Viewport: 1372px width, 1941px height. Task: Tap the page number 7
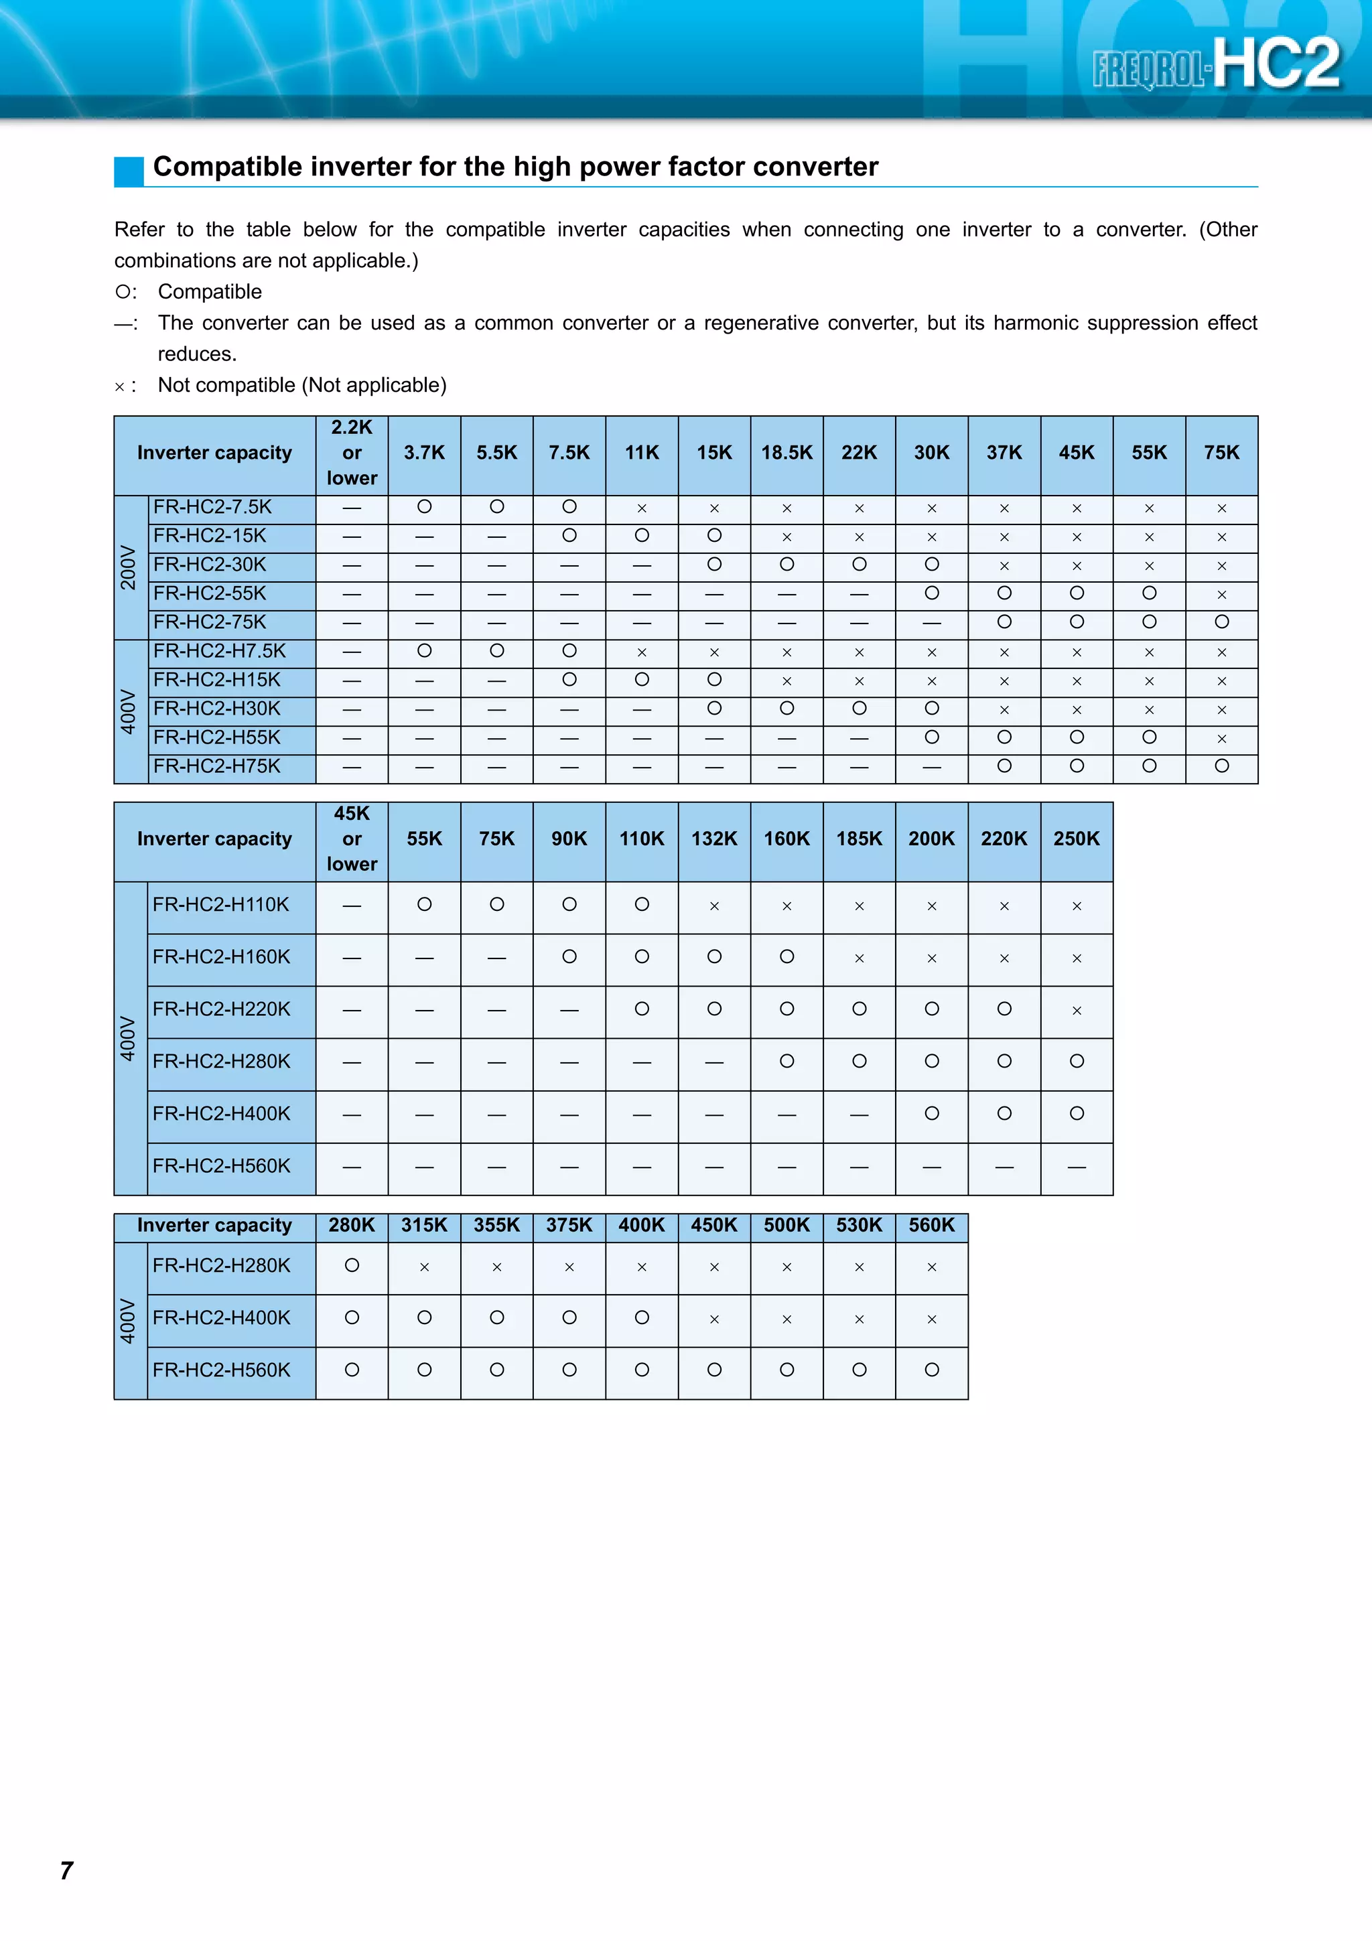point(67,1870)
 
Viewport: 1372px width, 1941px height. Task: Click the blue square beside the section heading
point(129,171)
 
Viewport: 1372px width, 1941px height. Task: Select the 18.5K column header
point(786,453)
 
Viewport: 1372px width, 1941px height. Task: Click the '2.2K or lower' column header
point(352,453)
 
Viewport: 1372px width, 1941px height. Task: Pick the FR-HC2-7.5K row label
point(212,507)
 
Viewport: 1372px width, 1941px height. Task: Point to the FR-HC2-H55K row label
point(216,737)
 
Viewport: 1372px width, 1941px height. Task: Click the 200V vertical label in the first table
point(129,567)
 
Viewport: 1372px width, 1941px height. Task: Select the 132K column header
point(713,839)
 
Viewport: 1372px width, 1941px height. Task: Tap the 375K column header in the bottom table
point(569,1225)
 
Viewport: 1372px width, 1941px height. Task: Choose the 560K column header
point(932,1225)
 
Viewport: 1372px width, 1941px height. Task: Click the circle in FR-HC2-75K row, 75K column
point(1221,622)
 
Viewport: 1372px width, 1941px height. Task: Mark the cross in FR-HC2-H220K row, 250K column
point(1076,1010)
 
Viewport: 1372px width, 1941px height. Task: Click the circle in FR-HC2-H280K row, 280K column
point(352,1266)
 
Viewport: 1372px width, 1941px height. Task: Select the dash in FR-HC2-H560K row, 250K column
point(1076,1167)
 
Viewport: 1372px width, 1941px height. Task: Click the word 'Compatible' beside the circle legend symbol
point(210,291)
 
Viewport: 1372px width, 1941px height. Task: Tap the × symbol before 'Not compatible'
point(119,387)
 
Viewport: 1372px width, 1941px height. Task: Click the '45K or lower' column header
point(352,839)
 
